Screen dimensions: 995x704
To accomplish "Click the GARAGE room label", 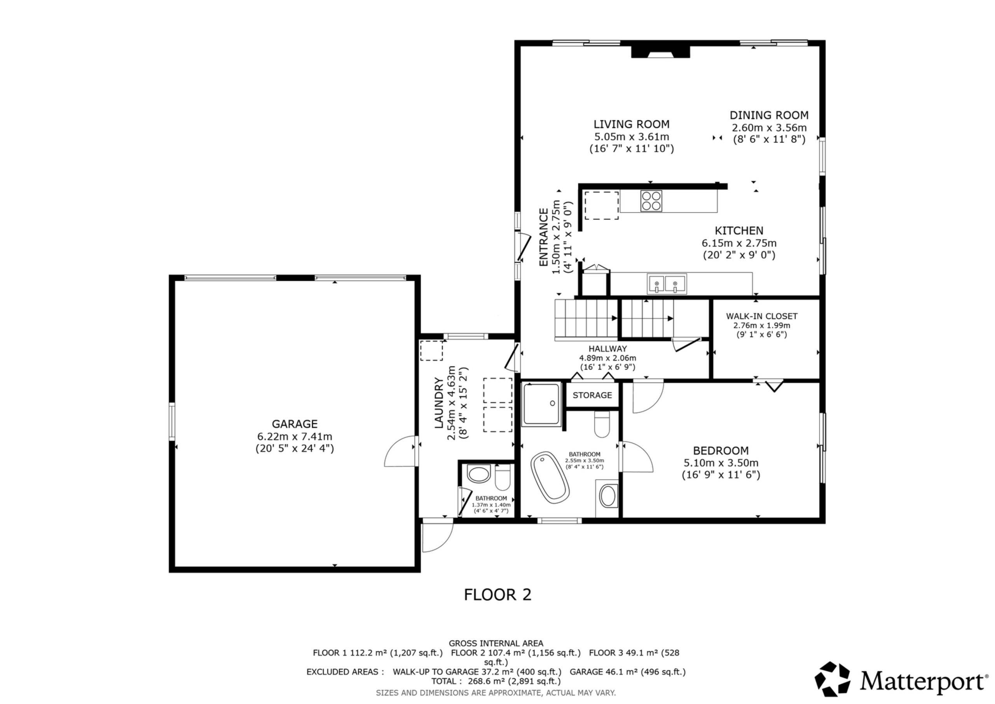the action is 295,424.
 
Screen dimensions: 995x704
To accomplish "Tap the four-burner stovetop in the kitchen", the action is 651,201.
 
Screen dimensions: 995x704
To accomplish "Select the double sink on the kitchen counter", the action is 667,284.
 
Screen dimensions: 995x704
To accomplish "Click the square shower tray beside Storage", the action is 542,404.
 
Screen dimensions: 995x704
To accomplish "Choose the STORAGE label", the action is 592,395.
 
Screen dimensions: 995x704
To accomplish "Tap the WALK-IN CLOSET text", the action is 762,316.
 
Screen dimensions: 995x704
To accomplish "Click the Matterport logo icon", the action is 833,680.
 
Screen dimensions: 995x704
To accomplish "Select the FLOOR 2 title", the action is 497,595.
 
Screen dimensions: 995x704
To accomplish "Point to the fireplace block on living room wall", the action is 660,52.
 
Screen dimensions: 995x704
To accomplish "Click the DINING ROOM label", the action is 769,116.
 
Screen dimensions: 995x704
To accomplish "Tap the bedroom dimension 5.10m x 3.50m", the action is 721,463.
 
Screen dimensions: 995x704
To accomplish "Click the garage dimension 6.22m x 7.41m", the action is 295,436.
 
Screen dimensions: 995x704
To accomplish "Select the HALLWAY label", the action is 607,348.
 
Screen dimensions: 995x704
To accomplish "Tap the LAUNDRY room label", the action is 439,403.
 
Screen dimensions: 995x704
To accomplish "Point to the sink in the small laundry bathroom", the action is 479,473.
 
